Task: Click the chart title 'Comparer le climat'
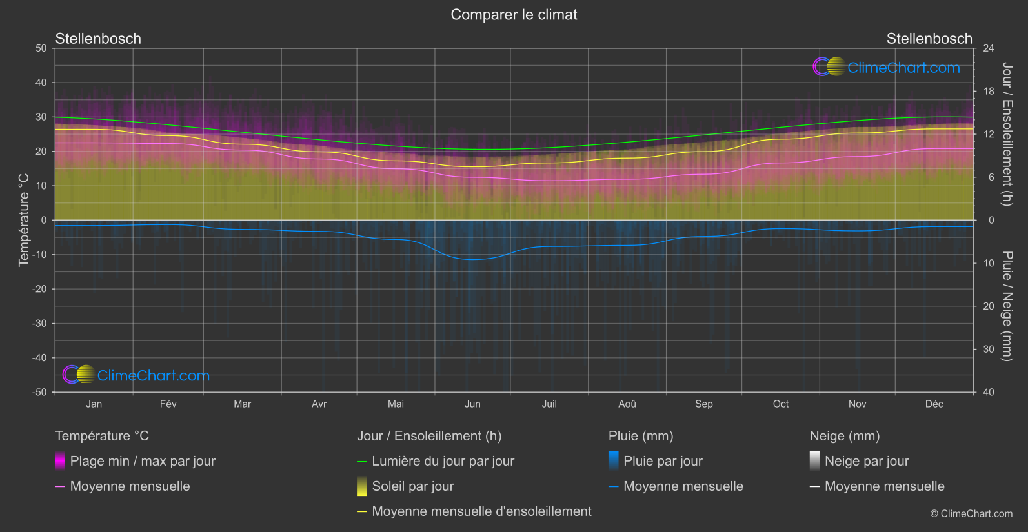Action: coord(514,15)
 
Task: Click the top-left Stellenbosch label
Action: coord(98,39)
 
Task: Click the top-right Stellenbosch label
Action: coord(929,39)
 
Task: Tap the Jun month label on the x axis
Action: coord(472,404)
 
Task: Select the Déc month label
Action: coord(934,404)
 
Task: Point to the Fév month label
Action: coord(168,404)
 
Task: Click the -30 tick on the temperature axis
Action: coord(41,324)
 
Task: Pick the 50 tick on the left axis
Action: coord(41,48)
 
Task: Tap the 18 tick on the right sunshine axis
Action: coord(989,92)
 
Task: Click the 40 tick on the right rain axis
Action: coord(989,392)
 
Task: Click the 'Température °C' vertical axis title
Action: coord(24,220)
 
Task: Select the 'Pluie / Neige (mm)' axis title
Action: coord(1007,306)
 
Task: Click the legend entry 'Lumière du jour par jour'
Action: coord(443,461)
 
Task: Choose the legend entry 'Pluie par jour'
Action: coord(663,461)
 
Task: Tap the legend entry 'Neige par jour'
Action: coord(866,461)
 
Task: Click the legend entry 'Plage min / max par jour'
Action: coord(143,461)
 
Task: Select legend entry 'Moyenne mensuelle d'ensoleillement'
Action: coord(481,511)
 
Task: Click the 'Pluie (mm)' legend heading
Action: coord(641,436)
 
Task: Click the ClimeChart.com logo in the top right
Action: coord(887,67)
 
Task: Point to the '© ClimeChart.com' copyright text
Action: coord(971,514)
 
